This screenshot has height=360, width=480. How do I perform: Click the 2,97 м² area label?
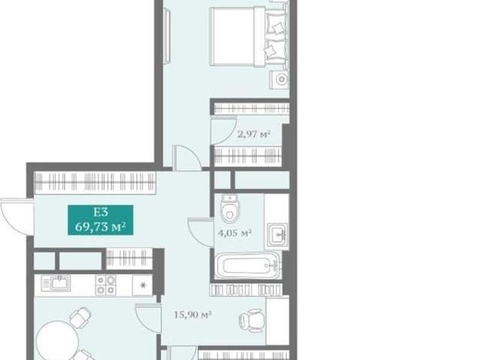(253, 133)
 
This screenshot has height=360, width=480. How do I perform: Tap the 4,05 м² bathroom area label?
(235, 233)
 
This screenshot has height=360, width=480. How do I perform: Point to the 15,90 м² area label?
(193, 314)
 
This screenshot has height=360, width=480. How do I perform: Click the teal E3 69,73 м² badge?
(100, 220)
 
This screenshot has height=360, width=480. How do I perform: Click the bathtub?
(247, 265)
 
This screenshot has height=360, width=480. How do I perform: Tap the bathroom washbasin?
(277, 235)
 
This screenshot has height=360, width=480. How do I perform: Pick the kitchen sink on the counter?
(56, 283)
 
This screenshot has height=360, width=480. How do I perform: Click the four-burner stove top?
(106, 285)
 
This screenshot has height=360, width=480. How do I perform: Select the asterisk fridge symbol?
(142, 285)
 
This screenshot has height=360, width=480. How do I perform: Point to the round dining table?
(57, 340)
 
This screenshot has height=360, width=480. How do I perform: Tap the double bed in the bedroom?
(249, 37)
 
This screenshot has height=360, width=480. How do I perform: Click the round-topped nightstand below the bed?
(279, 80)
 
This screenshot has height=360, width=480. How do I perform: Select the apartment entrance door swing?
(16, 217)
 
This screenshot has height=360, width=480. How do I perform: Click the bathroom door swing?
(200, 232)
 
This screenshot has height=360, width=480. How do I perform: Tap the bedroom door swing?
(187, 157)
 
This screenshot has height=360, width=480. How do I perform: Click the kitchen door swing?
(148, 318)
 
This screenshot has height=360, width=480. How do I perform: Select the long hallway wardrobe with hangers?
(95, 183)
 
